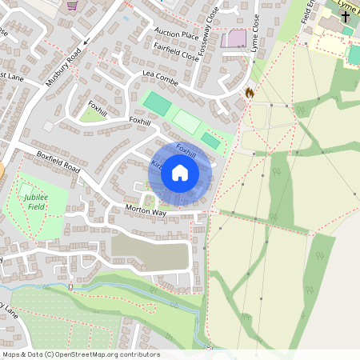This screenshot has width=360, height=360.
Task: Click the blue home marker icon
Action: coord(180,172)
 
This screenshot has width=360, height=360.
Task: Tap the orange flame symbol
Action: coord(250,93)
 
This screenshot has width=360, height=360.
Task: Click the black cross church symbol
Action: coord(346,16)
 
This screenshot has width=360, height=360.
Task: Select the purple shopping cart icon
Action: coord(73,6)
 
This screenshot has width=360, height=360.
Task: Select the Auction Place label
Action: coord(176,35)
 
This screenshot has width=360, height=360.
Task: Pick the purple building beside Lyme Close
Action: coord(234,38)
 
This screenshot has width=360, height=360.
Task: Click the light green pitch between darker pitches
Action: coord(186,122)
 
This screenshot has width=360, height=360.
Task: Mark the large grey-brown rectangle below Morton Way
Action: coord(150,252)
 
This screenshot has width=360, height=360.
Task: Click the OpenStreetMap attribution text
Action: coord(80,354)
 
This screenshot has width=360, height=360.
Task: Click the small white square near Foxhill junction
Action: coord(48,126)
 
